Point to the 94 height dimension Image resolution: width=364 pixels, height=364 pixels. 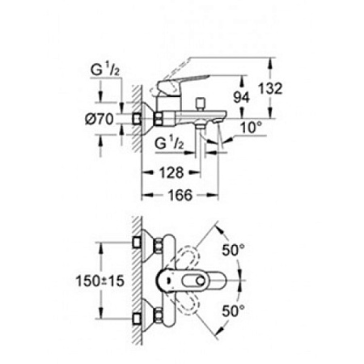[239, 95]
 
